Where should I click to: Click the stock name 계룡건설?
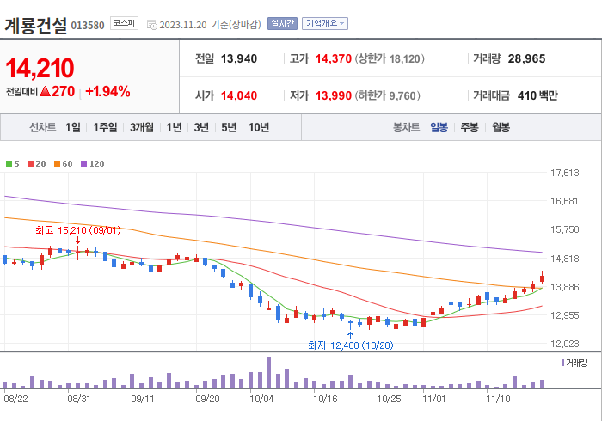click(35, 25)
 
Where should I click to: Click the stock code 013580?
click(87, 26)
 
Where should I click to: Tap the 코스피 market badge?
click(123, 23)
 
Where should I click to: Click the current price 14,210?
click(40, 68)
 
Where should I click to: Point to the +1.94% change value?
click(107, 91)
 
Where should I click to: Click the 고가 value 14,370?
click(334, 59)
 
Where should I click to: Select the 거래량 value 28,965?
click(526, 59)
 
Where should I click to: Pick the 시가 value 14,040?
click(239, 95)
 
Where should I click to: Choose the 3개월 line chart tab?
click(142, 127)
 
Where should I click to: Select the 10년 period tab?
click(258, 127)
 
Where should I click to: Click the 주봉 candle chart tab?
click(470, 127)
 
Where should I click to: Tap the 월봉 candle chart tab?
click(501, 127)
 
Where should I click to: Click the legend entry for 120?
click(93, 163)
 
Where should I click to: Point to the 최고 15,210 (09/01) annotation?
click(77, 230)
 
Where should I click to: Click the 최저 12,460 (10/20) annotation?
click(350, 345)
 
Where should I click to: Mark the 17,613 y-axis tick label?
click(564, 173)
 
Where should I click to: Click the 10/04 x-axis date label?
click(261, 399)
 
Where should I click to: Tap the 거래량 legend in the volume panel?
click(574, 363)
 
